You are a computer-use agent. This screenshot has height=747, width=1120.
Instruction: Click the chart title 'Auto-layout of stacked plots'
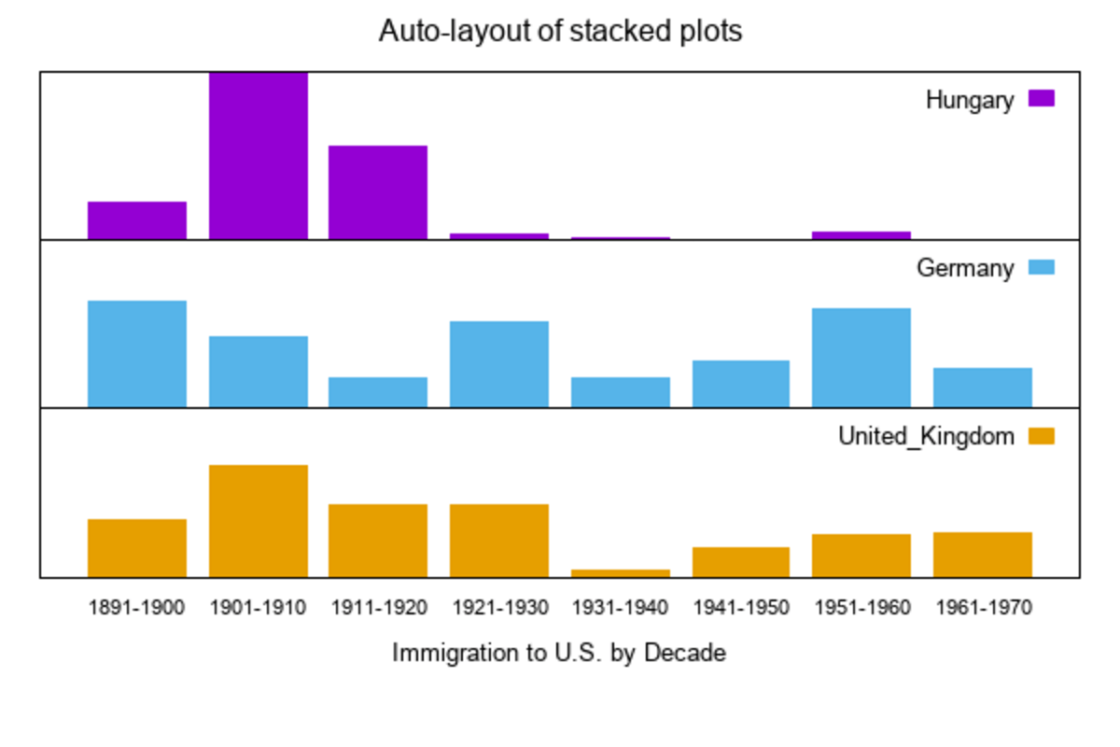point(560,32)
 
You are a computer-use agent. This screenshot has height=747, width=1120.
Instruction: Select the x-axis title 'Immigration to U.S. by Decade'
point(558,653)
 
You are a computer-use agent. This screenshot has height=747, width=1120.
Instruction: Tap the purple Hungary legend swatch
point(1041,99)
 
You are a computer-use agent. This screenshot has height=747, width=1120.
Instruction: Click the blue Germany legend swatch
point(1041,268)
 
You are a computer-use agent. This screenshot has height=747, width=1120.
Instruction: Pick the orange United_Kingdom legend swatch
point(1041,436)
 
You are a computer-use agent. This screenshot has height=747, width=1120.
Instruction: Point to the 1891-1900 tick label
point(137,608)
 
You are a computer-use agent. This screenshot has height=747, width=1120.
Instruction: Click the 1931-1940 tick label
point(620,608)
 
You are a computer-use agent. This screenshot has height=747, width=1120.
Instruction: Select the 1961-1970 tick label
point(983,608)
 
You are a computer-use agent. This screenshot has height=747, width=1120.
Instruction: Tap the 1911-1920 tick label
point(378,608)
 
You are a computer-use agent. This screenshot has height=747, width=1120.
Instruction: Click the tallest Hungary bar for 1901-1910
point(259,155)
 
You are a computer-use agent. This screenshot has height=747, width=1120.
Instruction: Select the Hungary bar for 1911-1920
point(378,192)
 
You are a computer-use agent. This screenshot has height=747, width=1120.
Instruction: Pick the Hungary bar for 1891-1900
point(137,220)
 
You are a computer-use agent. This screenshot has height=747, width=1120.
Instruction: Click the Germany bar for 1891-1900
point(137,354)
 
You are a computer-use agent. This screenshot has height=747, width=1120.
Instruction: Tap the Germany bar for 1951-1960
point(861,358)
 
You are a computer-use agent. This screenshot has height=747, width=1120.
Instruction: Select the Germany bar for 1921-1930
point(499,364)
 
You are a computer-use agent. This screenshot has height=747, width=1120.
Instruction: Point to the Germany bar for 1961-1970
point(983,388)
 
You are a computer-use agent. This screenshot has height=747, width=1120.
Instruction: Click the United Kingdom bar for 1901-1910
point(259,521)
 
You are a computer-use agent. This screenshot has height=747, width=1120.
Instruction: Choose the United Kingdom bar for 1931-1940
point(620,572)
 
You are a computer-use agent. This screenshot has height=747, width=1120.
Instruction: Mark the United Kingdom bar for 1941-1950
point(741,562)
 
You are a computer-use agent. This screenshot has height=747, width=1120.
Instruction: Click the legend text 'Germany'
point(964,269)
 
